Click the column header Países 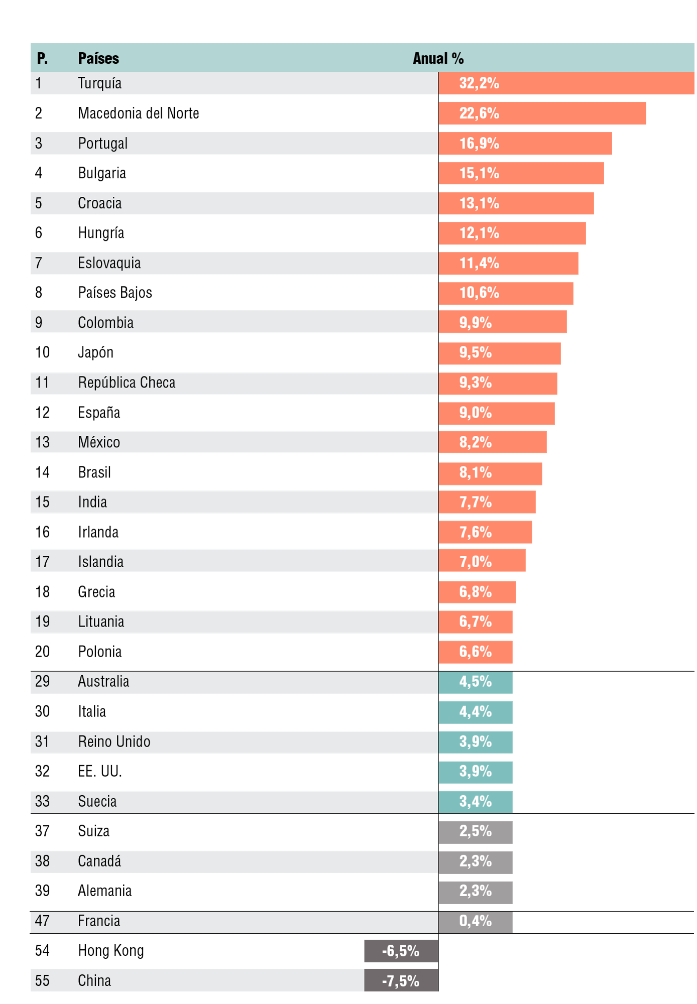click(98, 58)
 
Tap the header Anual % click(438, 58)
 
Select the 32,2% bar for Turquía click(566, 83)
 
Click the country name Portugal click(102, 144)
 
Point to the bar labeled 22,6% click(542, 113)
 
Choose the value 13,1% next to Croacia click(479, 203)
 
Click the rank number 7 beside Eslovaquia click(39, 263)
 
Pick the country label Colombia click(105, 323)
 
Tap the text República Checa click(127, 383)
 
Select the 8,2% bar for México click(492, 442)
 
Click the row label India click(92, 502)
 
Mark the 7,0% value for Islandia click(475, 562)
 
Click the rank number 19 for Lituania click(42, 621)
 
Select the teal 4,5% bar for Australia click(475, 682)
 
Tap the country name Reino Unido click(114, 741)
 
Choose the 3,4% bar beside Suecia click(475, 802)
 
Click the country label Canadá click(99, 861)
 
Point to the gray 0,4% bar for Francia click(475, 921)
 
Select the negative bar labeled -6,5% click(401, 951)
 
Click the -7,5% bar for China click(401, 981)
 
